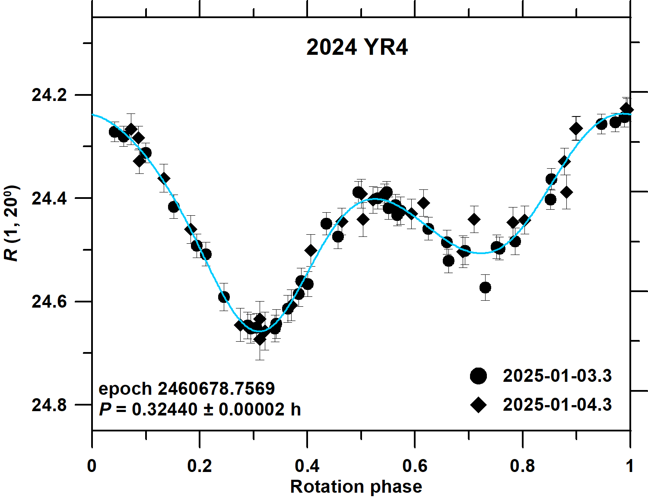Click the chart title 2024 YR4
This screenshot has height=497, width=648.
[357, 47]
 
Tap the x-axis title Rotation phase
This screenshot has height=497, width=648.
[356, 486]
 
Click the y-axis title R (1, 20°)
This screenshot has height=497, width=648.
[12, 223]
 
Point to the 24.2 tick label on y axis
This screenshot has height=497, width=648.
[49, 95]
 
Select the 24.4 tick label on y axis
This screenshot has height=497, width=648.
[49, 198]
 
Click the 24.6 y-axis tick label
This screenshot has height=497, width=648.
[49, 302]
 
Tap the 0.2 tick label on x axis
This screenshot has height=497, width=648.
[200, 466]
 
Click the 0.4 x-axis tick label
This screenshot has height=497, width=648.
[307, 466]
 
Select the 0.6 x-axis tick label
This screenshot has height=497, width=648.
[415, 466]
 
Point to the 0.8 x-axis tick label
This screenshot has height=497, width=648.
[522, 466]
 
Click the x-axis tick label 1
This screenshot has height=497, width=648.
[630, 466]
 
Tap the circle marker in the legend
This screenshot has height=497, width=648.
[478, 376]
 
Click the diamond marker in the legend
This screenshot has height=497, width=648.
[478, 405]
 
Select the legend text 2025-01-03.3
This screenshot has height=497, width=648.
[557, 376]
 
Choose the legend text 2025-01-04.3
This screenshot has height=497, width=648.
[557, 405]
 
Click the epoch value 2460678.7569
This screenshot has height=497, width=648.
[216, 389]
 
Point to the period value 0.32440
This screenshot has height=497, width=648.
[165, 409]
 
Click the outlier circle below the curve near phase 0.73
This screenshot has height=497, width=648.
[485, 287]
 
